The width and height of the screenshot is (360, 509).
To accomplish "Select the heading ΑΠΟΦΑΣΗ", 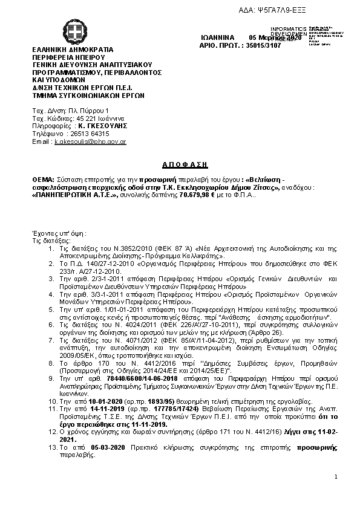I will [186, 164].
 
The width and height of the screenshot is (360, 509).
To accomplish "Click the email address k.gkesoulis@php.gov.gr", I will [90, 141].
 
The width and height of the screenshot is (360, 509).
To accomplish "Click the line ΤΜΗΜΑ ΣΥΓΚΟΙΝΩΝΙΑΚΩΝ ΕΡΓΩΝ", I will [88, 95].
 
